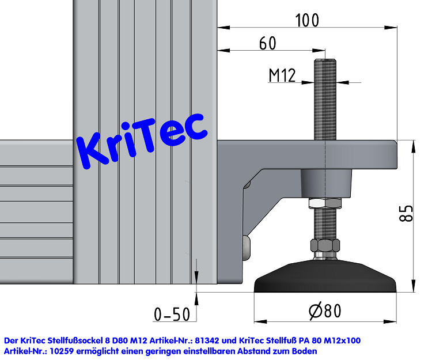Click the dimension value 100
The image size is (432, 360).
tap(306, 20)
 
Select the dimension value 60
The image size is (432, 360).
tap(267, 43)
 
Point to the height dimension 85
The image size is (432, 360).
tap(406, 214)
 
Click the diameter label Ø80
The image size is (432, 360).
tap(325, 311)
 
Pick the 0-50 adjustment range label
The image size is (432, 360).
tap(171, 314)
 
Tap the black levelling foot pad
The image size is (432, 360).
tap(325, 279)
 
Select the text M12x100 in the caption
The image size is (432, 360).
tap(340, 340)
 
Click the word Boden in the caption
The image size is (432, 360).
tap(304, 350)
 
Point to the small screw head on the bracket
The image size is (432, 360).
tap(247, 247)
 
